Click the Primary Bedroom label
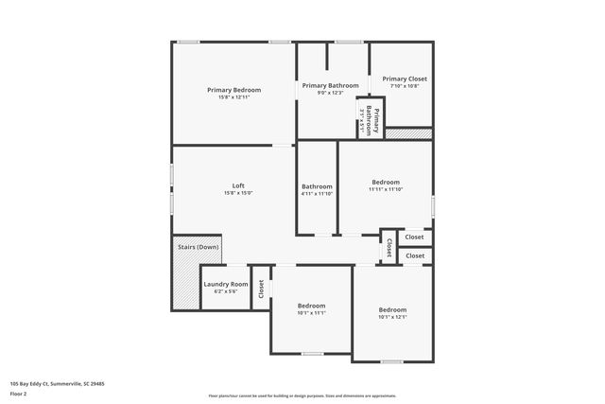coord(233,90)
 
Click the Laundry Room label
coord(226,284)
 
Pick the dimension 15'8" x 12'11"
coord(233,97)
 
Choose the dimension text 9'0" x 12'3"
coord(330,92)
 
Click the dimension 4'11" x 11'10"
coord(317,193)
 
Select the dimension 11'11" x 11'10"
coord(386,189)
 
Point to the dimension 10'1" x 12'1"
coord(392,317)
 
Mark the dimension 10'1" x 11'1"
coord(311,313)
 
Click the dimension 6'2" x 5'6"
coord(226,291)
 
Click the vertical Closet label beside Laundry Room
coord(261,290)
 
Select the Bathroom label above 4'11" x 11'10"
coord(317,186)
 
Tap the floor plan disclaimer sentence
coord(302,395)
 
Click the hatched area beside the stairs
coord(185,284)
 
